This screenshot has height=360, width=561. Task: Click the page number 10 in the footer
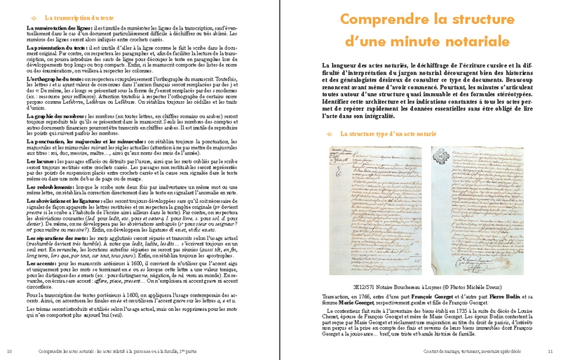[9, 351]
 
